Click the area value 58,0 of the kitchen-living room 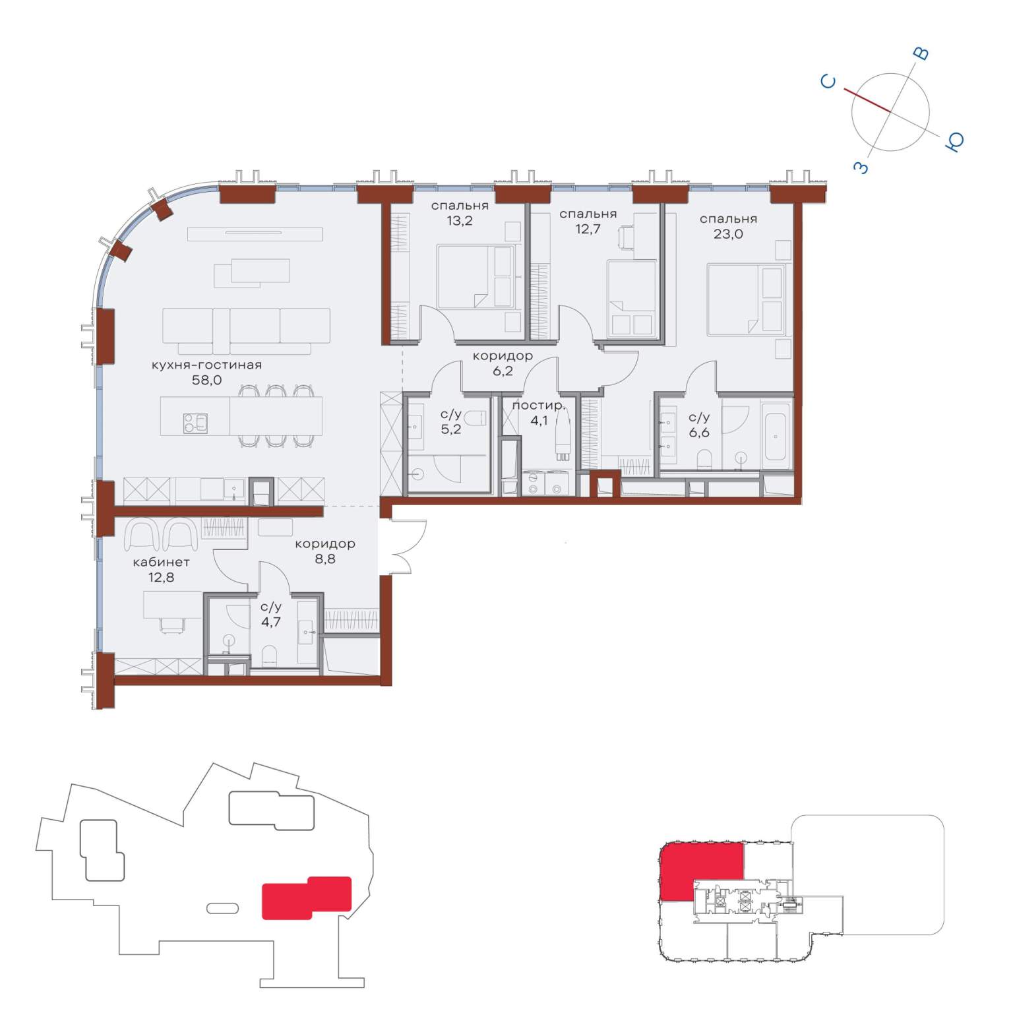[206, 380]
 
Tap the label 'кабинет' [161, 562]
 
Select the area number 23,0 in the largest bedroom [728, 233]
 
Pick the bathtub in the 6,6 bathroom [775, 432]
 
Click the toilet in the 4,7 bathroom [270, 656]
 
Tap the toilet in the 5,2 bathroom [475, 418]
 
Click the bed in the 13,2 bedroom [476, 276]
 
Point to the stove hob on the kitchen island [195, 423]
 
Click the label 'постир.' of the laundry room [539, 405]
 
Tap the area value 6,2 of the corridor [503, 371]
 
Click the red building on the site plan [307, 897]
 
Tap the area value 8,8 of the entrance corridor [325, 559]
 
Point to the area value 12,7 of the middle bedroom [588, 229]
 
